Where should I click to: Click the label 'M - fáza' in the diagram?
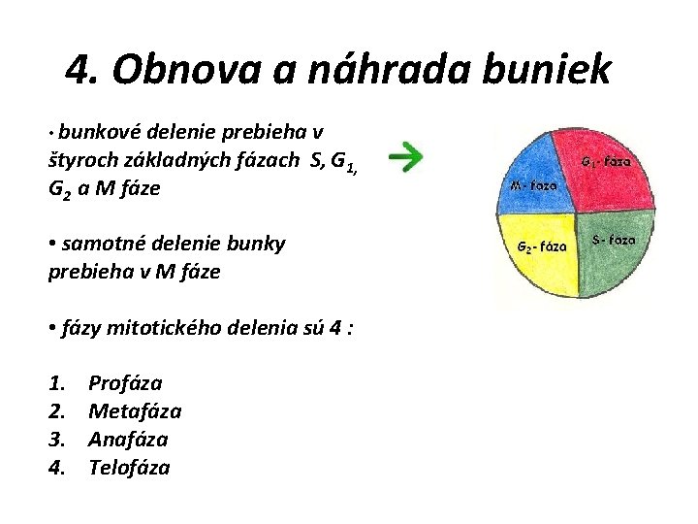coord(533,184)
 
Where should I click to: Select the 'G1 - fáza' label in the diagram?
coord(605,162)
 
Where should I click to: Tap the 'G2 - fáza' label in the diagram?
coord(541,246)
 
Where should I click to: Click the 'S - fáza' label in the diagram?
coord(614,239)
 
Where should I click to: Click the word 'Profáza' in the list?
coord(125,383)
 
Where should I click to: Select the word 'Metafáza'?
coord(135,411)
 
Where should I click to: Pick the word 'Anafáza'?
coord(128,440)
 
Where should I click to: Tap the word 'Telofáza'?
coord(129,468)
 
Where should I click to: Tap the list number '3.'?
coord(57,440)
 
